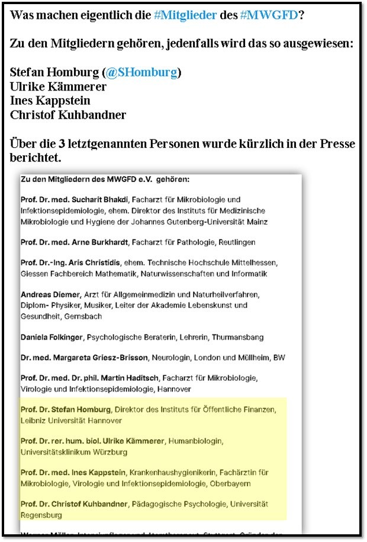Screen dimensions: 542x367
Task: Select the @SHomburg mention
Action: (x=142, y=73)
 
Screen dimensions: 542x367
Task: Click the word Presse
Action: (x=335, y=144)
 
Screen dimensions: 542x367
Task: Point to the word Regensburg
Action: (x=43, y=515)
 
